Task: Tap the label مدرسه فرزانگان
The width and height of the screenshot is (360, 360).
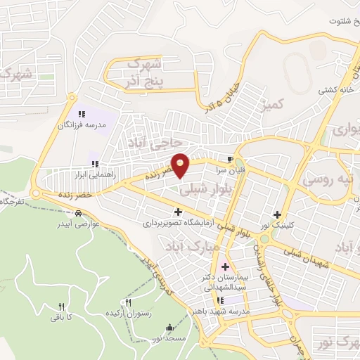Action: coord(82,124)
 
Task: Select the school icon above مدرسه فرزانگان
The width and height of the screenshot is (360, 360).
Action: coord(82,113)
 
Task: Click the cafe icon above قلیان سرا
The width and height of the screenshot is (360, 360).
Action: coord(230,158)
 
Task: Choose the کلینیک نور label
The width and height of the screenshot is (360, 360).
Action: coord(278,225)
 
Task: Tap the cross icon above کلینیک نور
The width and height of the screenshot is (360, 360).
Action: coord(278,214)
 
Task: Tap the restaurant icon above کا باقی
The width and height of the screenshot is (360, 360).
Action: coord(61,307)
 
